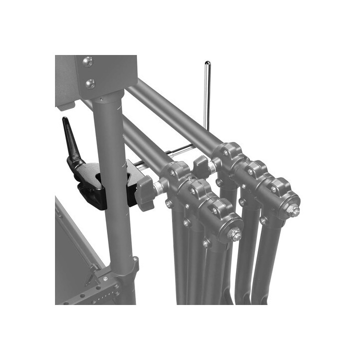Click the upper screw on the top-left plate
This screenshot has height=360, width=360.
point(87,61)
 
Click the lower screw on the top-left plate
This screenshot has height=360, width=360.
point(90,83)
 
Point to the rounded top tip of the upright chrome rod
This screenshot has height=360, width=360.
point(207,63)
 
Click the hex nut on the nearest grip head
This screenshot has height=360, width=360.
point(234,234)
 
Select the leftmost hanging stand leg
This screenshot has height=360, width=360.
point(178,260)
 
